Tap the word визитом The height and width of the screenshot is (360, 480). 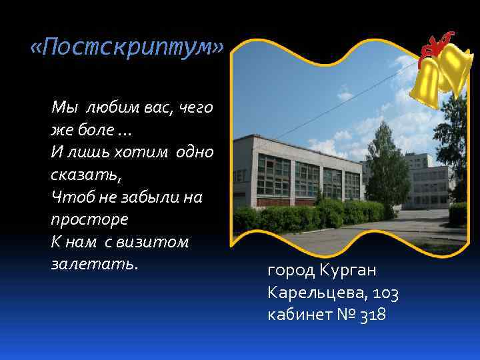155,241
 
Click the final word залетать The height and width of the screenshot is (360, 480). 94,264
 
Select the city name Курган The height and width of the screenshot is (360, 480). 347,271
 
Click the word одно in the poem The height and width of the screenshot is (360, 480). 195,151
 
